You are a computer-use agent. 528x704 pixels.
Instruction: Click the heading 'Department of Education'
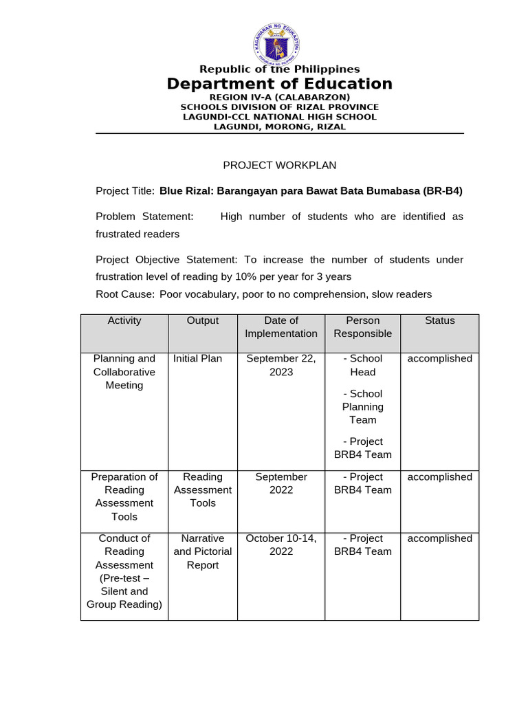279,84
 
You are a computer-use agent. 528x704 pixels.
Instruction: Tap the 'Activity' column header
124,320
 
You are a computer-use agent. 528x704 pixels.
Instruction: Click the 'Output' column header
203,320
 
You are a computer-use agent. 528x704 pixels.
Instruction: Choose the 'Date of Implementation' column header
281,327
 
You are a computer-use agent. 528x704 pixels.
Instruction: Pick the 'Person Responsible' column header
362,327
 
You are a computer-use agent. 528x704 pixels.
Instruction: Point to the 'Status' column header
439,320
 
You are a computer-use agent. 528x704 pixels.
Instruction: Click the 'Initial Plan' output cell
197,358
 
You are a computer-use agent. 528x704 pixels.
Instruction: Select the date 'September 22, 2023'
281,365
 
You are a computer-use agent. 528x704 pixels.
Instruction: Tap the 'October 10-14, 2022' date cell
281,544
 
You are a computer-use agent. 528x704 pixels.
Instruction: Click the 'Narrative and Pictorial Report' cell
203,551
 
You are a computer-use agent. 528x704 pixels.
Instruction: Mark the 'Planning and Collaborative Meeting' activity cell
124,372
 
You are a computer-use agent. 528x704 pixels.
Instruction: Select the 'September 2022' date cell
281,483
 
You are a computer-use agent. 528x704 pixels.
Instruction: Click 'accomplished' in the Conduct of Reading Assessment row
439,538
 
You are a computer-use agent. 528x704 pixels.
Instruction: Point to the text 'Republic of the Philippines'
279,69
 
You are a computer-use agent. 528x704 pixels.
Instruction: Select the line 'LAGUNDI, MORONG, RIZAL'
279,126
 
